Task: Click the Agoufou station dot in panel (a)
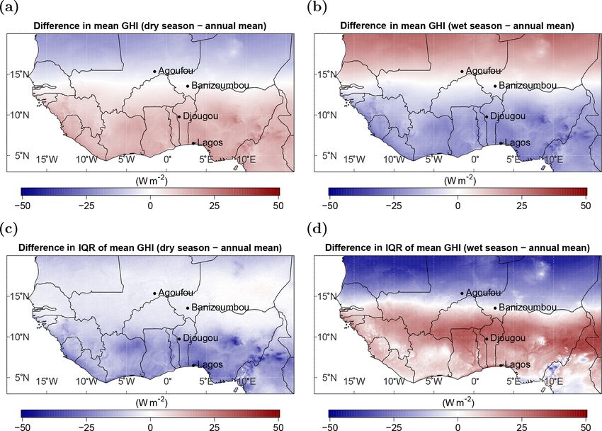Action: point(154,71)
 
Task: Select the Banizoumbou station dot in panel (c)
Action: point(188,308)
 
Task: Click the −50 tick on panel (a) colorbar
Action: point(21,205)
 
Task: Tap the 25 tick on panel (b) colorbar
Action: point(521,205)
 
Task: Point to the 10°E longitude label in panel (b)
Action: point(553,159)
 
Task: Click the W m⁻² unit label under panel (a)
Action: point(150,181)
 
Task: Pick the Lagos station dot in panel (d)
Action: point(501,365)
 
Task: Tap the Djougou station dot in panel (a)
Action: point(178,116)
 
